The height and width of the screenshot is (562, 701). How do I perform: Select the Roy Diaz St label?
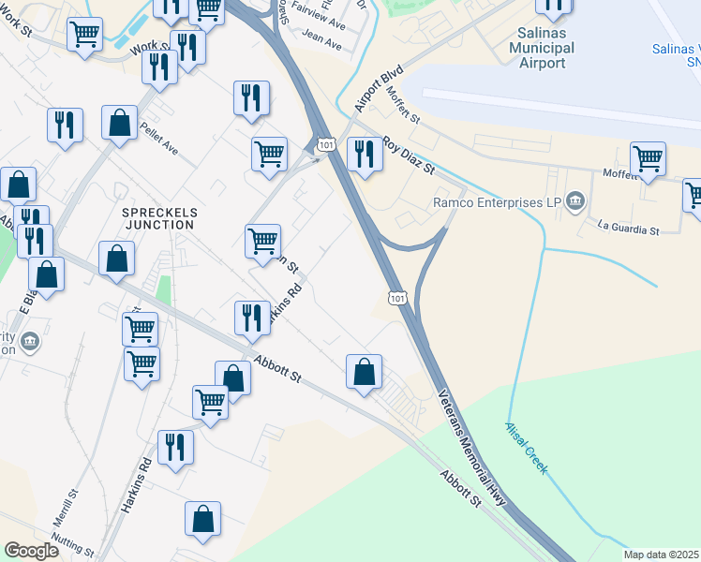pos(410,158)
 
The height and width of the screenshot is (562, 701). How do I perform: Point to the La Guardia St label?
pos(629,228)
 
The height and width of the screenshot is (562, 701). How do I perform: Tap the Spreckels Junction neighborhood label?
pos(158,218)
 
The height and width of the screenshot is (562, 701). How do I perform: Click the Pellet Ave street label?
pos(157,136)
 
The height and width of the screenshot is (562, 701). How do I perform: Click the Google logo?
pos(32,551)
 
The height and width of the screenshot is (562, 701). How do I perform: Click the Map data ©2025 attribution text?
pos(662,555)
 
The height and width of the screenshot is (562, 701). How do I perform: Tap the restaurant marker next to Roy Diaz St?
pos(365,154)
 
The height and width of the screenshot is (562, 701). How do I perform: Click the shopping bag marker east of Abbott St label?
pos(364,372)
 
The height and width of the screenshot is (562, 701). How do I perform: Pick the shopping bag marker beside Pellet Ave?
pos(120,125)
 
